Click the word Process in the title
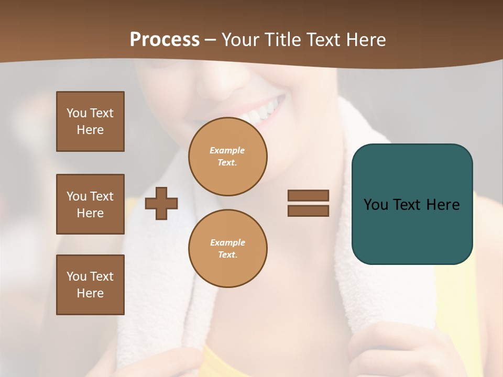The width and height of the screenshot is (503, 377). click(165, 40)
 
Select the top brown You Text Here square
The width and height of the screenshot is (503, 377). click(90, 121)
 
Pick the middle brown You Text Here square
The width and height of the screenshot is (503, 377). click(90, 204)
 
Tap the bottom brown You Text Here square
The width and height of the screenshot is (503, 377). click(90, 285)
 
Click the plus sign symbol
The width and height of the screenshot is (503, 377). click(161, 203)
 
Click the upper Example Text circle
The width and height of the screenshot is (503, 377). click(227, 157)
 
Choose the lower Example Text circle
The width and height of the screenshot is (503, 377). click(227, 249)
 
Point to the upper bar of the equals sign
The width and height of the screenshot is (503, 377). click(309, 195)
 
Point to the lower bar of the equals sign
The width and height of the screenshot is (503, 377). click(309, 211)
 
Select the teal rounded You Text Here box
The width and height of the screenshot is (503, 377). click(412, 204)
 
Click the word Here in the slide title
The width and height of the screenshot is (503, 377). click(365, 40)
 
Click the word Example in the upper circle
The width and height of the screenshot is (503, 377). click(227, 150)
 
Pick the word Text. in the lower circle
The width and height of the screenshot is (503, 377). click(227, 255)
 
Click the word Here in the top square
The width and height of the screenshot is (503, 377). click(90, 130)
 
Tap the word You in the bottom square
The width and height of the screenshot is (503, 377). click(76, 276)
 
